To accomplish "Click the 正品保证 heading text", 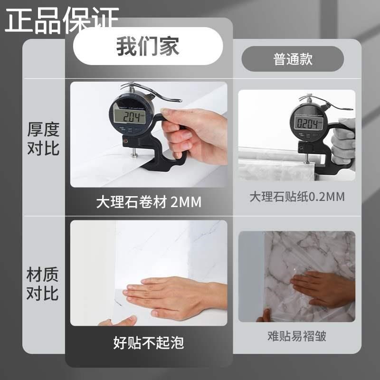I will point(62,20).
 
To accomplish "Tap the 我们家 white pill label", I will point(148,47).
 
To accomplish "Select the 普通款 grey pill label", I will point(293,59).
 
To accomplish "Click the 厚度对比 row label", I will point(43,138).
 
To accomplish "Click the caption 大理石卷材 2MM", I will point(149,202).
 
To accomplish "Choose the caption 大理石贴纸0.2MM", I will point(297,196).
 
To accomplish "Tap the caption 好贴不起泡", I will point(148,342).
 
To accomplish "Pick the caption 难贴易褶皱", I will point(297,337).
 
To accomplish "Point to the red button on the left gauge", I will point(125,141).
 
